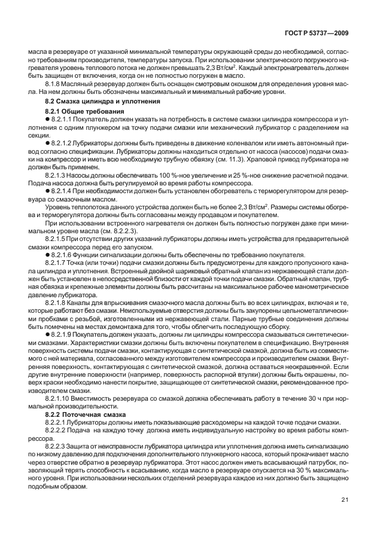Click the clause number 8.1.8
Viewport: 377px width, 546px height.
point(55,84)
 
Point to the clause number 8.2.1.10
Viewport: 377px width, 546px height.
point(60,398)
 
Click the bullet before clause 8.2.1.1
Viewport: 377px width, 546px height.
point(48,120)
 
